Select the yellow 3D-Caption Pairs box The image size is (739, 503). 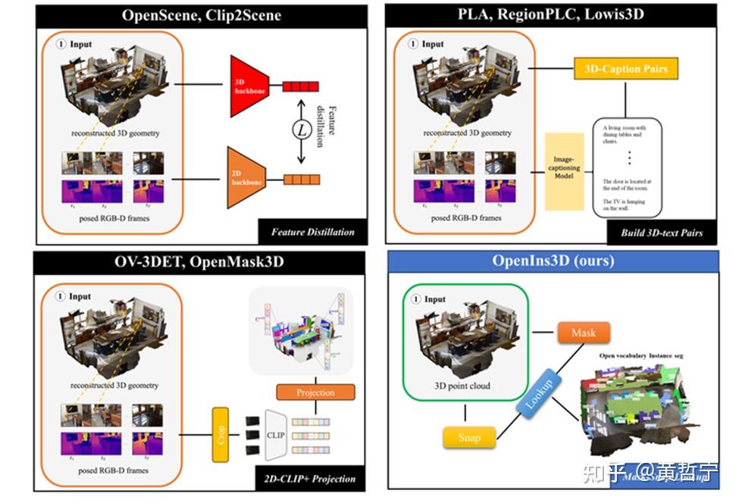coord(625,69)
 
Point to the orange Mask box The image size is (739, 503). coord(583,333)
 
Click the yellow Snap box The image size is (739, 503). coord(469,437)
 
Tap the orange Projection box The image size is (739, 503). coord(315,392)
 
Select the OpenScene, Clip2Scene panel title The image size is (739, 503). coord(202,16)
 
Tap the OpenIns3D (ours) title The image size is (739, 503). coord(553,261)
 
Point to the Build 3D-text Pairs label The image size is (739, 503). coord(662,232)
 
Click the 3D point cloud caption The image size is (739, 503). coord(462,386)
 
